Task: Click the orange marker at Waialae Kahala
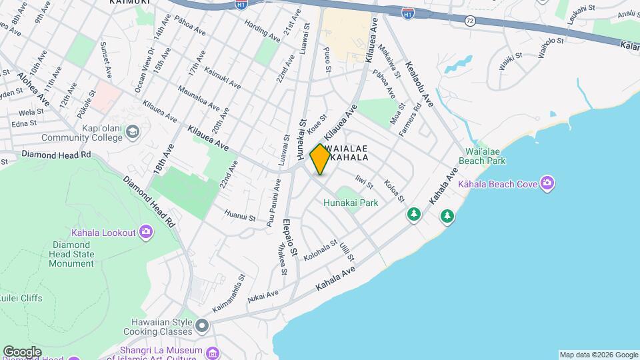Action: (321, 159)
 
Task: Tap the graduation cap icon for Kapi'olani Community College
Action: (132, 132)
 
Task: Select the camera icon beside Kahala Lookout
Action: (147, 232)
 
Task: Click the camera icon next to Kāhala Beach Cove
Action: (547, 183)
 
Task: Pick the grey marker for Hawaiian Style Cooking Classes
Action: (201, 326)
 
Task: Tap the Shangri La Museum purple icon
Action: (212, 353)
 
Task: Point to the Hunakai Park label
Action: (351, 203)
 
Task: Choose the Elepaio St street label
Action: (288, 237)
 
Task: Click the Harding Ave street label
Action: (262, 31)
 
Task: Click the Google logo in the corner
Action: (22, 352)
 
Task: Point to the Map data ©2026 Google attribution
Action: (598, 355)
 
